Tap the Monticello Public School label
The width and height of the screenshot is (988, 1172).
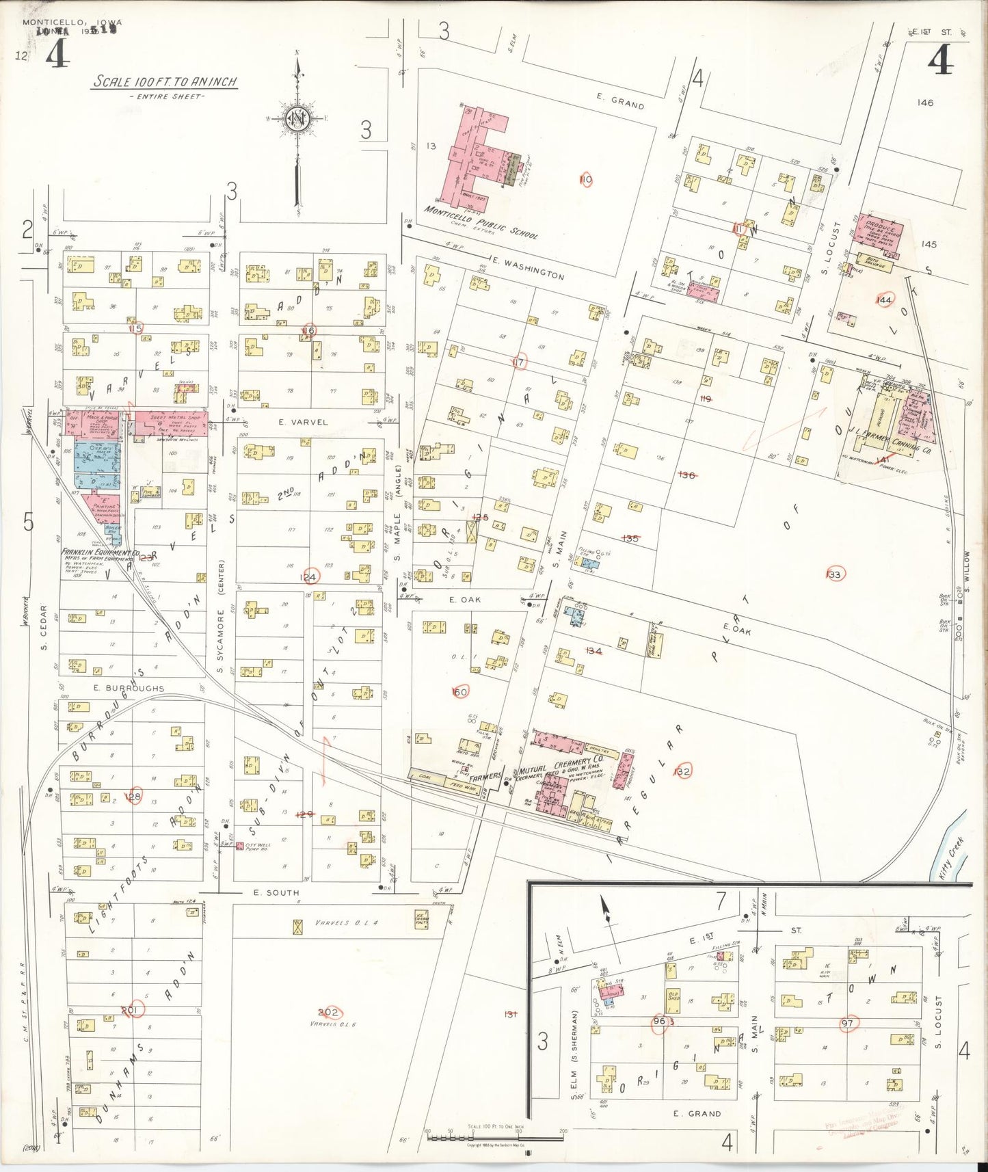[x=481, y=222]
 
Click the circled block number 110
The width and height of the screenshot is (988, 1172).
[x=585, y=180]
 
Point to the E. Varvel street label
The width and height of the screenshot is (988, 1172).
[x=303, y=422]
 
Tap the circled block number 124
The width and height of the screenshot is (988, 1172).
[x=310, y=577]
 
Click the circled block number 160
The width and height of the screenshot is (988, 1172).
[x=460, y=692]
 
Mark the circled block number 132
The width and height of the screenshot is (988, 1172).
[x=682, y=771]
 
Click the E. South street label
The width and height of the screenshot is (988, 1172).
[x=276, y=892]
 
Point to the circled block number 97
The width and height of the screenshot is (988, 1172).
[x=848, y=1023]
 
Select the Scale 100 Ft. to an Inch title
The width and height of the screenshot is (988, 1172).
[x=165, y=81]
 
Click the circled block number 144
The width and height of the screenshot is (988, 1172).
[x=884, y=299]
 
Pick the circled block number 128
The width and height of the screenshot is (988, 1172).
[x=134, y=797]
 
